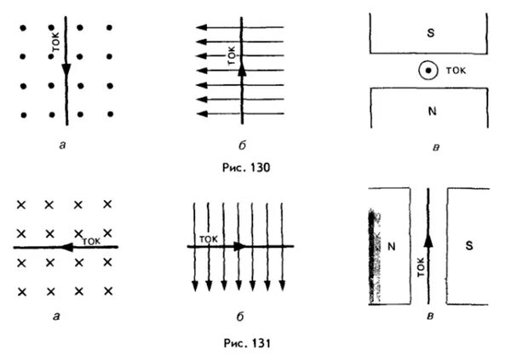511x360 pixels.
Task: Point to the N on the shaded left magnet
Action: [x=393, y=246]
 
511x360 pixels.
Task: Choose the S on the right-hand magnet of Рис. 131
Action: [x=468, y=245]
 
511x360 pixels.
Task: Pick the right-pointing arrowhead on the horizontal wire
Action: [x=241, y=247]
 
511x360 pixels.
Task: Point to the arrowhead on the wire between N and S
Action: [x=428, y=240]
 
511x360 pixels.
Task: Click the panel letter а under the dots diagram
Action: [x=65, y=146]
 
